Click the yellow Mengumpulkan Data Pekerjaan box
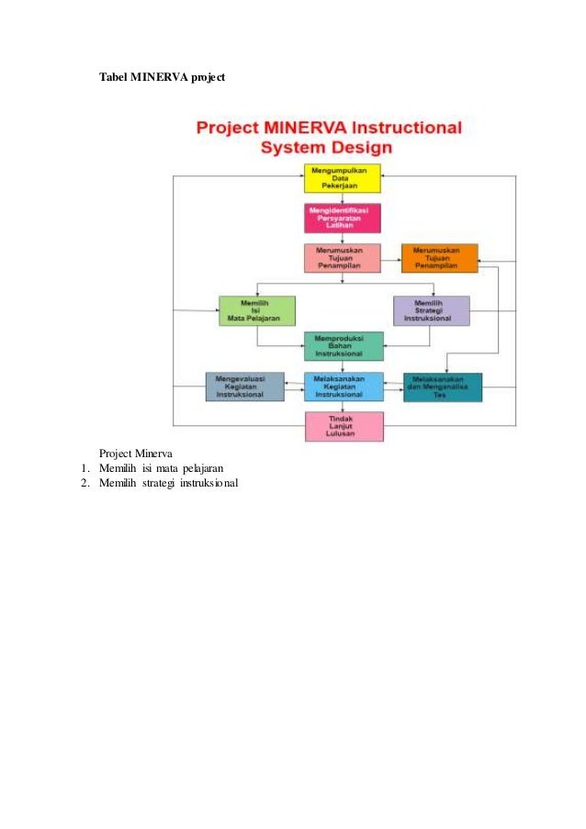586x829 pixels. tap(342, 177)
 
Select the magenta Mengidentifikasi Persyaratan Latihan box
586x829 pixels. tap(342, 218)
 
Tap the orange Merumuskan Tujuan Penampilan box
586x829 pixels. tap(439, 258)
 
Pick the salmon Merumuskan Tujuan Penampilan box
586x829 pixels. tap(342, 258)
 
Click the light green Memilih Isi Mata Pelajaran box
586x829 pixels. tap(257, 310)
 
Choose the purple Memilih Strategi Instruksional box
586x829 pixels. tap(431, 310)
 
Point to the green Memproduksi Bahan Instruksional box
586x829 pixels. tap(344, 346)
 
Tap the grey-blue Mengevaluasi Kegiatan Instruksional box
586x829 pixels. tap(244, 386)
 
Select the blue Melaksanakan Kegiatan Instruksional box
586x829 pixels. tap(344, 386)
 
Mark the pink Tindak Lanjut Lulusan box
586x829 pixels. tap(344, 426)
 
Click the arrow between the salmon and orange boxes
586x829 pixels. tap(390, 259)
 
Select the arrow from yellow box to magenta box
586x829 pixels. tap(342, 197)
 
